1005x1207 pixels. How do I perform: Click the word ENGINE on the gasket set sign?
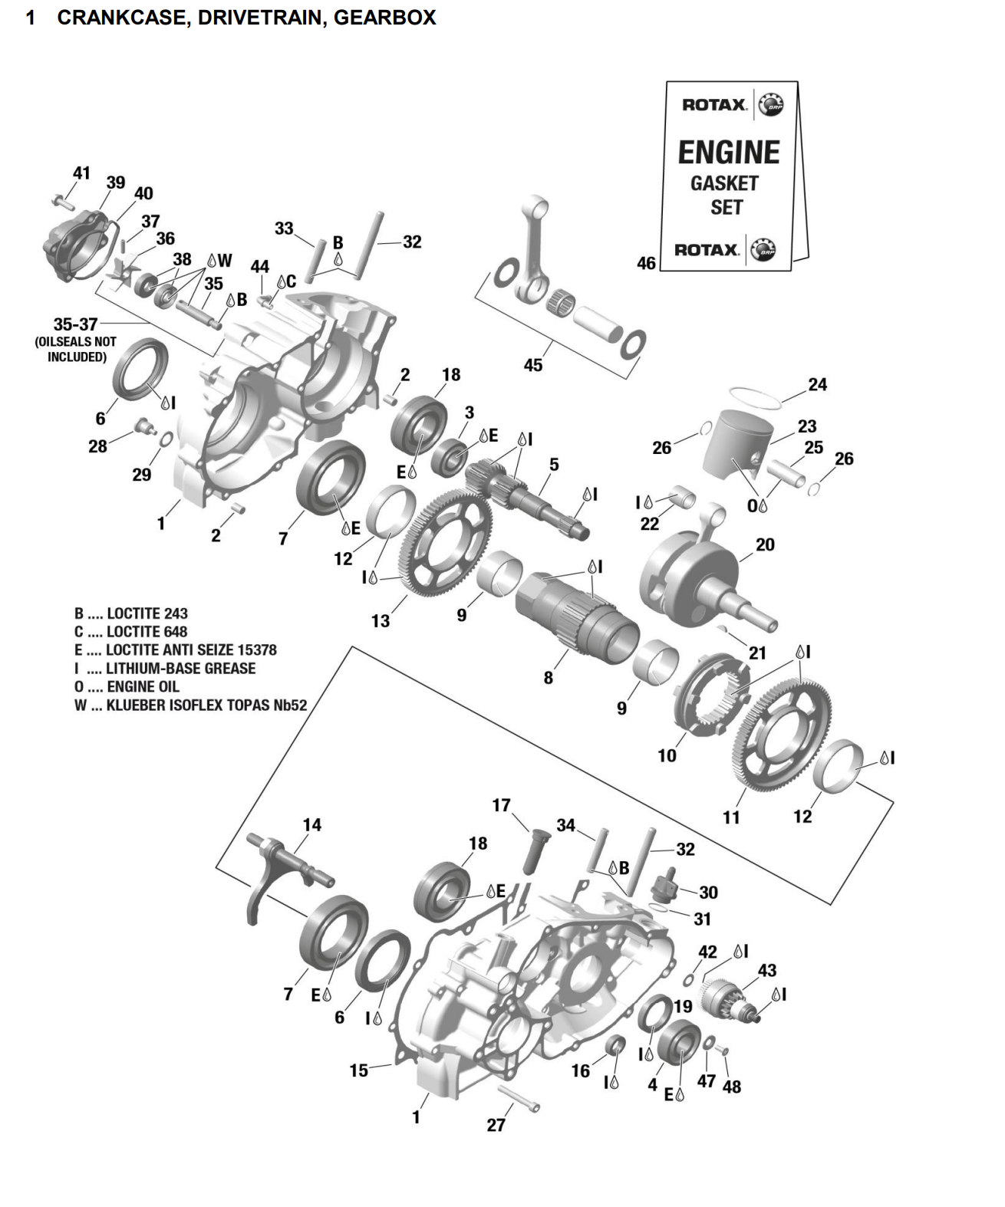point(728,152)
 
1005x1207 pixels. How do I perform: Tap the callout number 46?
point(646,263)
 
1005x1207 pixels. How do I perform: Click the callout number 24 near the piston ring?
point(817,384)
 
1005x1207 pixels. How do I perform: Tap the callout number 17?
point(501,805)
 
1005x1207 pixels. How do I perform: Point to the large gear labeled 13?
point(445,544)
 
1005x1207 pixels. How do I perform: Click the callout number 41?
point(81,173)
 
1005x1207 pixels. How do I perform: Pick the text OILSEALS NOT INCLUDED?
point(76,350)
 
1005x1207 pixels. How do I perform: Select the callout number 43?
point(767,970)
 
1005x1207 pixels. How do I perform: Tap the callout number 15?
point(359,1070)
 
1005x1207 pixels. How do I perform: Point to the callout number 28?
point(97,446)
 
